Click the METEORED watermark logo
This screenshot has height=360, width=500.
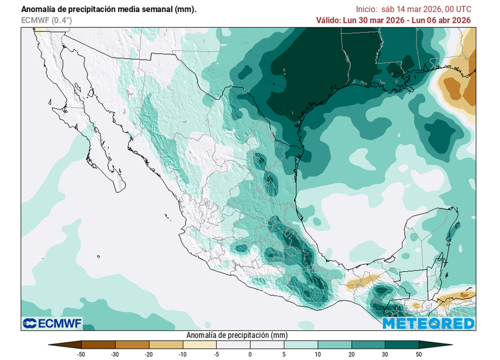428,323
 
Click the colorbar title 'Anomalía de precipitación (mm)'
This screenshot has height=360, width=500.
237,335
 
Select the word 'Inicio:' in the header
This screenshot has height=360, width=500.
366,9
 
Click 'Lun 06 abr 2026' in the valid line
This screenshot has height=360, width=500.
443,20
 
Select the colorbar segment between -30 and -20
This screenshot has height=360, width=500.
132,344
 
